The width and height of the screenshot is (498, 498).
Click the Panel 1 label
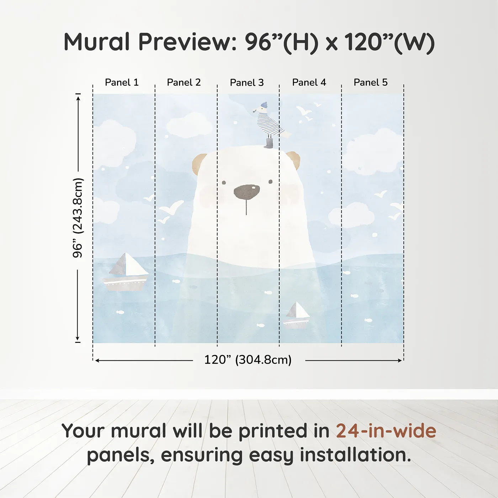(x=122, y=83)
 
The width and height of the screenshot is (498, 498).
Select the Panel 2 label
(x=184, y=83)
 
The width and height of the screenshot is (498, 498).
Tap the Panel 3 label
(x=247, y=83)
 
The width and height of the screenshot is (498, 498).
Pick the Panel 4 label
(x=309, y=83)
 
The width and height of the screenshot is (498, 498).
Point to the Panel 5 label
(x=371, y=83)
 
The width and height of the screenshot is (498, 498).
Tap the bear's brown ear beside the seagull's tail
(x=294, y=160)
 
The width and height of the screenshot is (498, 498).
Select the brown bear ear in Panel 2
(x=199, y=163)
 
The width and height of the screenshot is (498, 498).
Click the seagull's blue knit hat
(x=264, y=105)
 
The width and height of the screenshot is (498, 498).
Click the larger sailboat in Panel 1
(x=126, y=272)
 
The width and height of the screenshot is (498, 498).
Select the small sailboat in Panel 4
(x=297, y=315)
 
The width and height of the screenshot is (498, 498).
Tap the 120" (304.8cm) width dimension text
(x=248, y=360)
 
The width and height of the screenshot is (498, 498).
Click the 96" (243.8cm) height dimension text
(x=77, y=218)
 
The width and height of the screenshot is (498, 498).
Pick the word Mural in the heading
(x=97, y=42)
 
